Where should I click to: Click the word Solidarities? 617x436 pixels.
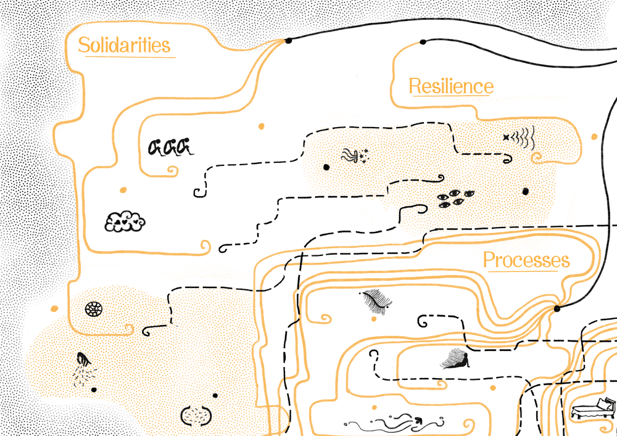click(124, 46)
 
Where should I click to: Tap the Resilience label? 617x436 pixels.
click(451, 86)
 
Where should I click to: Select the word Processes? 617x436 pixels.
click(526, 260)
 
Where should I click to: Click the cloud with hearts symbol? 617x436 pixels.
click(125, 221)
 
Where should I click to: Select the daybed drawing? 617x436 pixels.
click(594, 409)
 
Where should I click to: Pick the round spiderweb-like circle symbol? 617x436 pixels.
click(93, 308)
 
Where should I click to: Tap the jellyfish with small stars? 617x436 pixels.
click(356, 156)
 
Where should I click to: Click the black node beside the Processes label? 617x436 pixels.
click(557, 308)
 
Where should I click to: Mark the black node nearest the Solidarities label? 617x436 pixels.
click(288, 41)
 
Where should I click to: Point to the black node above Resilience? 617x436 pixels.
click(423, 43)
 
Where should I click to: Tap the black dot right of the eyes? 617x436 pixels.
click(525, 192)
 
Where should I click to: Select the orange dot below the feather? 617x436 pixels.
click(374, 319)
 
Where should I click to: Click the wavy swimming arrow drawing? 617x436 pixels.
click(395, 422)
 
